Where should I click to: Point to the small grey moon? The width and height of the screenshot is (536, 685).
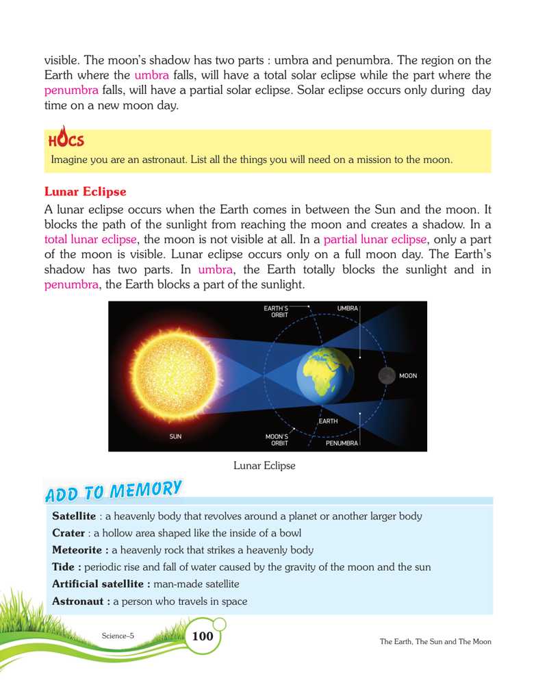(387, 376)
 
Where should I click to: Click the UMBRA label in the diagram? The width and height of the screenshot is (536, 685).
(348, 309)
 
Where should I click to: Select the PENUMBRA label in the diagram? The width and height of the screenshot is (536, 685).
(342, 443)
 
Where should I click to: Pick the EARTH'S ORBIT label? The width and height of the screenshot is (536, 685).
(276, 312)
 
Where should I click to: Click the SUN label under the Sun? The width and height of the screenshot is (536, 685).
(176, 436)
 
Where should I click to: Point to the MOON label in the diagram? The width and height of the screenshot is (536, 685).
(408, 376)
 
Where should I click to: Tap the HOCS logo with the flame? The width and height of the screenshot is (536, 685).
(66, 139)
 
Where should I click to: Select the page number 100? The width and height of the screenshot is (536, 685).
(203, 636)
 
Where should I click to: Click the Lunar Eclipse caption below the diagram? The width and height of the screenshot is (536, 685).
(264, 466)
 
